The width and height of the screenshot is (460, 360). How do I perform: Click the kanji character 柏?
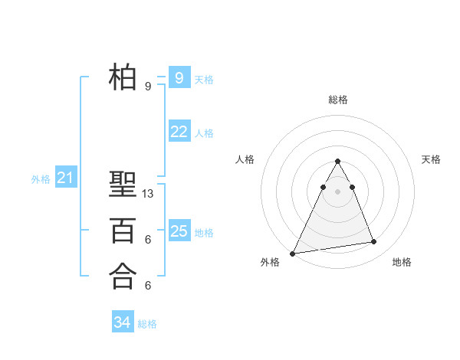pos(123,77)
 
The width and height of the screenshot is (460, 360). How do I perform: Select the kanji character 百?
pos(123,230)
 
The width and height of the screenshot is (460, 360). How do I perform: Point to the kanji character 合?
pos(123,276)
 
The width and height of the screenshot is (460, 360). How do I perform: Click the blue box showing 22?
pos(179,132)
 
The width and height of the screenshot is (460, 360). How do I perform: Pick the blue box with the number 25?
pos(179,231)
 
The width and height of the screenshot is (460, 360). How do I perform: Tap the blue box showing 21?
pos(65,178)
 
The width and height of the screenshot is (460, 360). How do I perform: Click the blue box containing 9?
pos(179,77)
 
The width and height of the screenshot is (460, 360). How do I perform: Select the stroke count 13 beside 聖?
pos(148,194)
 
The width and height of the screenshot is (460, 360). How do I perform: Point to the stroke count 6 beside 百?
pos(148,240)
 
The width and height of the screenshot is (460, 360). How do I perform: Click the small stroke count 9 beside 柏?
pos(148,87)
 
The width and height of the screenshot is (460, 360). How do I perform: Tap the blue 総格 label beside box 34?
pos(147,324)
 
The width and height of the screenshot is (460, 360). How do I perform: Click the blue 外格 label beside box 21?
pos(41,179)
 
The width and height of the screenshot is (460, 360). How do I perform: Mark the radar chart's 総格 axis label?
pos(338,100)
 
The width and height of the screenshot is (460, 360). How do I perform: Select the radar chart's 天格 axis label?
pos(432,159)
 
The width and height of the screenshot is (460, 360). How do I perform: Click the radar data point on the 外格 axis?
pos(293,253)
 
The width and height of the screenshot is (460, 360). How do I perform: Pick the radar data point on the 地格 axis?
pos(374,242)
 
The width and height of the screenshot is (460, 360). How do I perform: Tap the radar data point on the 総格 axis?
pos(338,162)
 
